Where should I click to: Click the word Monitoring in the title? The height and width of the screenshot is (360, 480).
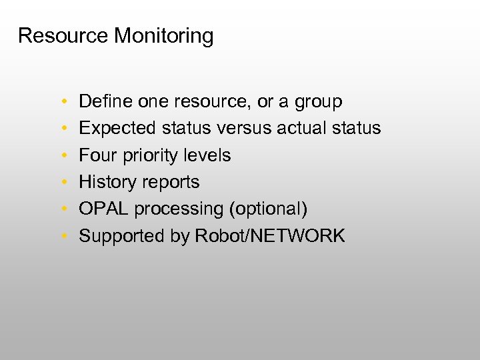163,36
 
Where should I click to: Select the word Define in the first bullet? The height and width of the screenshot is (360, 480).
106,102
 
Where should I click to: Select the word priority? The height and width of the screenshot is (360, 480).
148,156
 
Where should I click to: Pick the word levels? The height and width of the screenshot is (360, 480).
208,155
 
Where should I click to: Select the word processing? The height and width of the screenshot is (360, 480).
179,209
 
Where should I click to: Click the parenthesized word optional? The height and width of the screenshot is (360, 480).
269,209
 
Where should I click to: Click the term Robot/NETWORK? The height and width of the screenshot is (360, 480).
270,235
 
